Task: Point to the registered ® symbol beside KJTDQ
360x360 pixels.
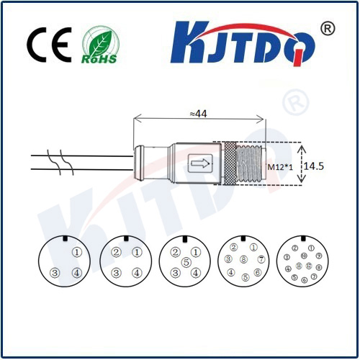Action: pyautogui.click(x=326, y=29)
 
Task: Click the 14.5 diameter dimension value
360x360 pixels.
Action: pyautogui.click(x=314, y=166)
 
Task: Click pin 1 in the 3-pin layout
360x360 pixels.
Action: pyautogui.click(x=77, y=253)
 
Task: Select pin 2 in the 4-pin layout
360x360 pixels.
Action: pyautogui.click(x=115, y=253)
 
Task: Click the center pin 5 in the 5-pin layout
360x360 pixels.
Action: pyautogui.click(x=186, y=263)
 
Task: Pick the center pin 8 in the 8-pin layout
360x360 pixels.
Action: pyautogui.click(x=244, y=260)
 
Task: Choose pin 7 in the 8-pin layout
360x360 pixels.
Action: pyautogui.click(x=262, y=259)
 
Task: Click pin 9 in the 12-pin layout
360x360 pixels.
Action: pyautogui.click(x=318, y=256)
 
